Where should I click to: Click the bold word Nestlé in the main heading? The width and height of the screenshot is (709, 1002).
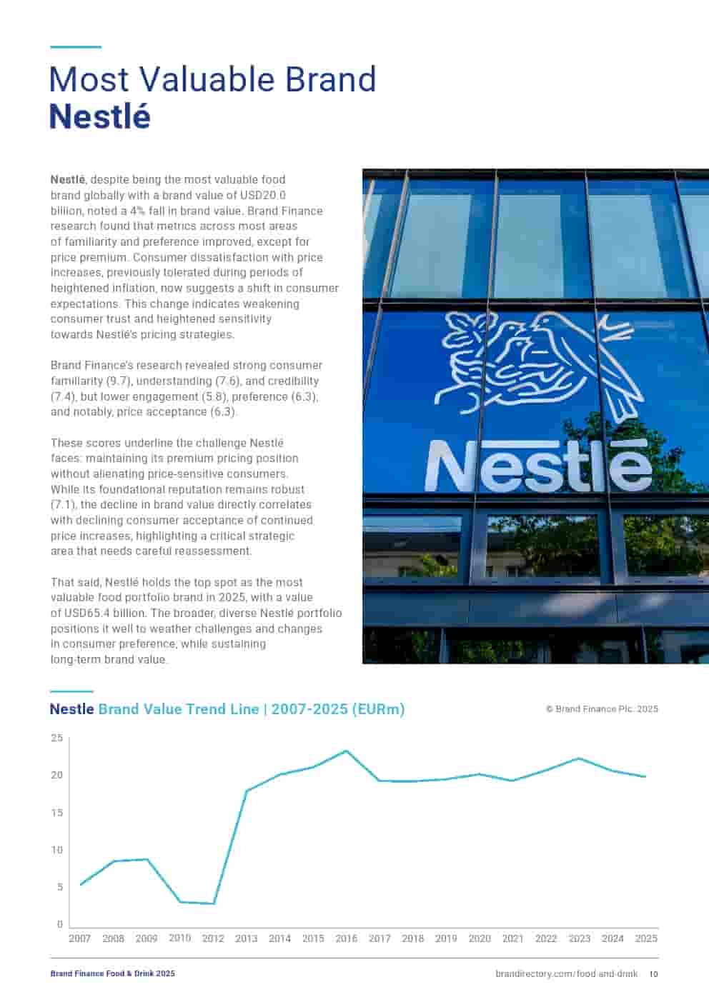[x=100, y=117]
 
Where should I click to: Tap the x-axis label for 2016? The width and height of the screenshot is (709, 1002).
[x=346, y=938]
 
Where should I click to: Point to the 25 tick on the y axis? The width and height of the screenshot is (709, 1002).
[x=57, y=738]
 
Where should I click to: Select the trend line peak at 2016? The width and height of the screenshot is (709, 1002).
[x=346, y=751]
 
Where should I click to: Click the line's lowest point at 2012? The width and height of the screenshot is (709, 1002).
[x=213, y=903]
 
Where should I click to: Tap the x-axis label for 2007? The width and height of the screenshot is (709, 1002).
[x=79, y=938]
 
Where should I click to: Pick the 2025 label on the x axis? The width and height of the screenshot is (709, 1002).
[x=645, y=938]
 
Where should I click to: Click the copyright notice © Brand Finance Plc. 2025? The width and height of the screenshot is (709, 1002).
[x=602, y=709]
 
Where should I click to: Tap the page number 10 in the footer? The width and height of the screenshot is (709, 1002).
[x=653, y=974]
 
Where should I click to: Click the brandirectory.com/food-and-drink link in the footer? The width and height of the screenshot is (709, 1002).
[x=566, y=974]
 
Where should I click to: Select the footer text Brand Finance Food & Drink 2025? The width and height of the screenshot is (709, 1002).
[x=112, y=974]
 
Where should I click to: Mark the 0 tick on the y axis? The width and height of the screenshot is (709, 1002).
[x=60, y=924]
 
